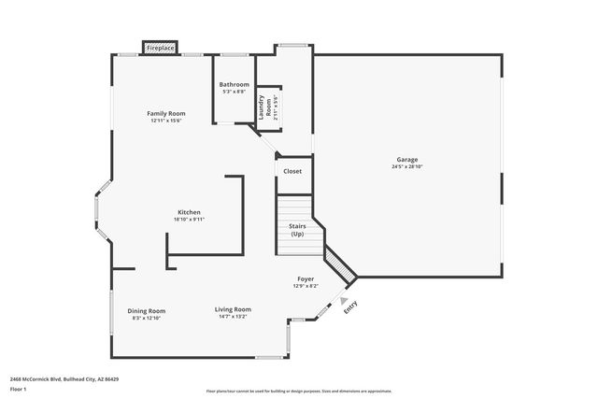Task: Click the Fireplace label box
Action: coord(160,47)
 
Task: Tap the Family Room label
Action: coord(166,113)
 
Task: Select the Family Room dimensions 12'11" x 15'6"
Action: coord(166,121)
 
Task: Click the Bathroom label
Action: coord(235,84)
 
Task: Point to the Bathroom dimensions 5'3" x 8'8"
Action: coord(235,92)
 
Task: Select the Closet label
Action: coord(292,171)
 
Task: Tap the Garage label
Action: coord(406,160)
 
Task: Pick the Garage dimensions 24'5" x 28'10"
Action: coord(406,167)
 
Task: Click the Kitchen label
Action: coord(189,212)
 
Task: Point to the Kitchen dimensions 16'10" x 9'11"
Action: coord(189,220)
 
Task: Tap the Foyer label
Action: coord(306,278)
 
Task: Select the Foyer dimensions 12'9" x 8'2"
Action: coord(306,286)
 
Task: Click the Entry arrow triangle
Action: coord(343,299)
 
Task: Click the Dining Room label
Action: coord(148,310)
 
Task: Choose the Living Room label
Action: coord(233,309)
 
